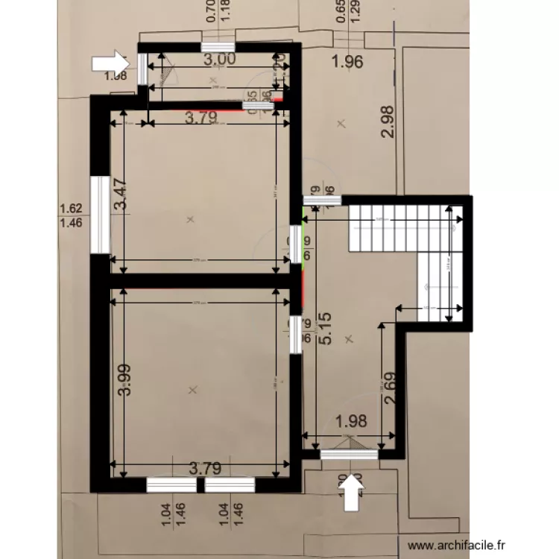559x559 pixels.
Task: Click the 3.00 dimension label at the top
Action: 220,59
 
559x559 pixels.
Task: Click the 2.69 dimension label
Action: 394,388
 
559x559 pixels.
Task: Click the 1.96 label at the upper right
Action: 347,62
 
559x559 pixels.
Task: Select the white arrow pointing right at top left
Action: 109,61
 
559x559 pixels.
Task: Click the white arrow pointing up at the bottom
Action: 353,493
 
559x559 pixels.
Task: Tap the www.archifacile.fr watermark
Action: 458,546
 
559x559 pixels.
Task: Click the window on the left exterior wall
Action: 100,215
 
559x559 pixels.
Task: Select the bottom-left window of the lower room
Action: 171,485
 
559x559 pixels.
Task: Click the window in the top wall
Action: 217,47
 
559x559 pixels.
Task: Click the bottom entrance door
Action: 349,451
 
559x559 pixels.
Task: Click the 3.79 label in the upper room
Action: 201,117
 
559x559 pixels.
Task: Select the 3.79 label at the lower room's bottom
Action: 205,468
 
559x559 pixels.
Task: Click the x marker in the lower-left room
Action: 194,390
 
